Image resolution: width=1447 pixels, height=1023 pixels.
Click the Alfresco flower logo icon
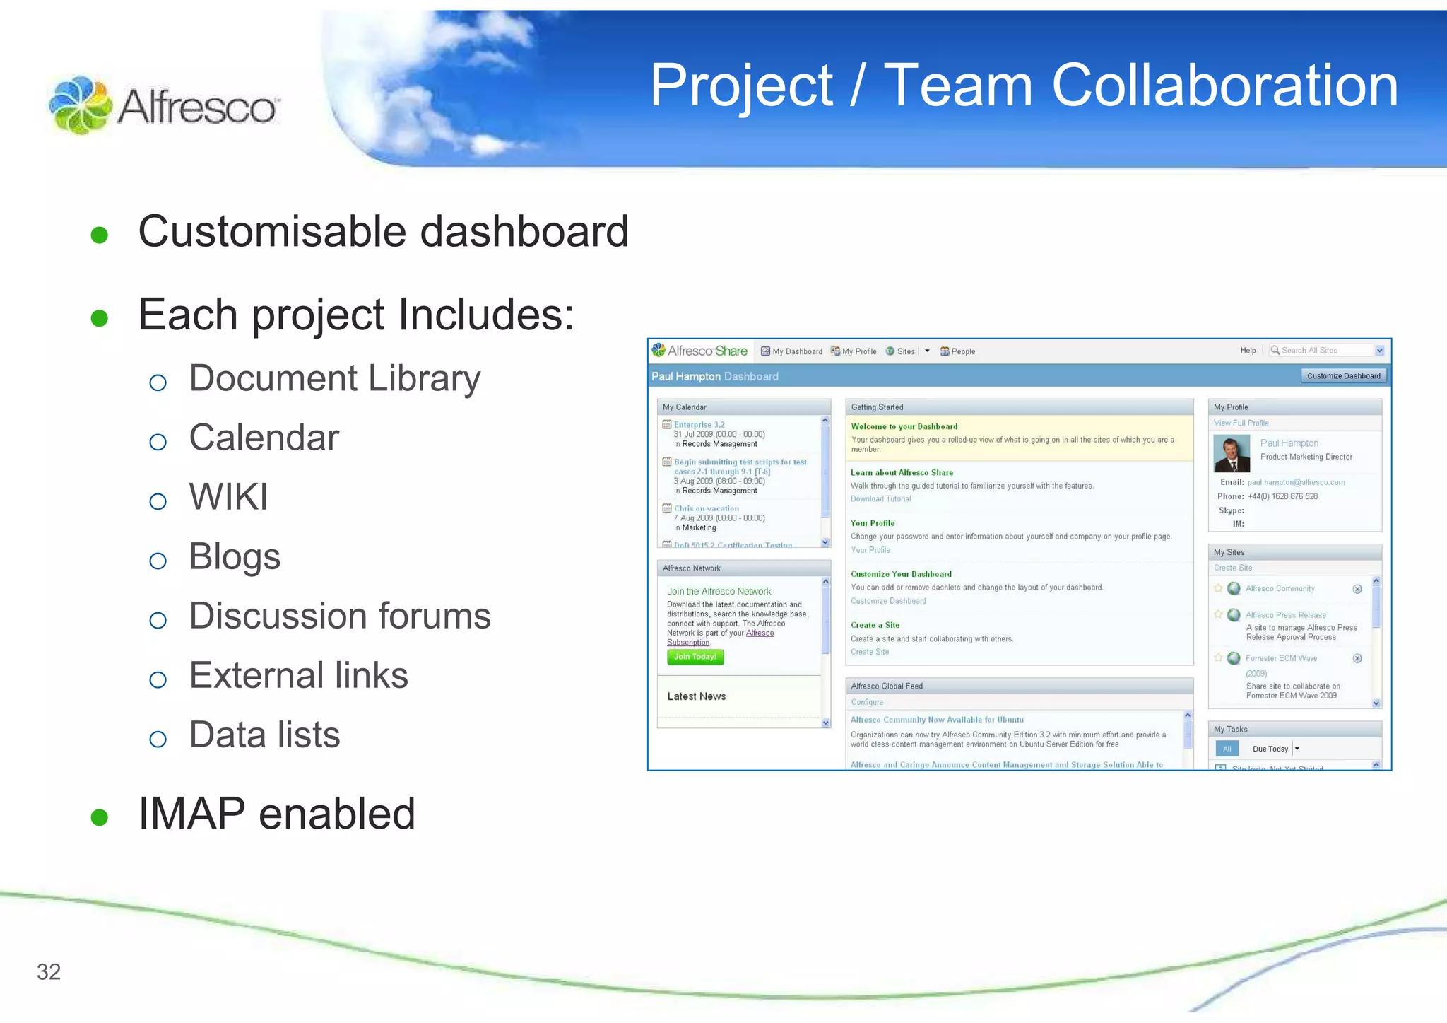[x=80, y=105]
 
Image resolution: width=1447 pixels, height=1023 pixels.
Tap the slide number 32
[x=49, y=971]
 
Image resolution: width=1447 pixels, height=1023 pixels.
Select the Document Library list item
[x=334, y=378]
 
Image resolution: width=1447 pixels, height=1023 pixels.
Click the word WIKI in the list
[x=228, y=497]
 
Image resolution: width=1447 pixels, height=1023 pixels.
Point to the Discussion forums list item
[x=339, y=616]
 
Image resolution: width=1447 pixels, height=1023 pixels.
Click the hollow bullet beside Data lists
[x=158, y=740]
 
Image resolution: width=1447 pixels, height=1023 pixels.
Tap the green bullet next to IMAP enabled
[x=100, y=817]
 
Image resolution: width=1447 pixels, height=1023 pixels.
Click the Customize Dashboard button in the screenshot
[x=1343, y=376]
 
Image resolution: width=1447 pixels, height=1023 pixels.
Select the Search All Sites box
[x=1321, y=351]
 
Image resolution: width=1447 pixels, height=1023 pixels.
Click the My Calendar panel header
[x=743, y=407]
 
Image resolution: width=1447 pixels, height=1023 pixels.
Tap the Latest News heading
[x=696, y=696]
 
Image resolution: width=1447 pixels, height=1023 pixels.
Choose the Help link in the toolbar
[x=1248, y=351]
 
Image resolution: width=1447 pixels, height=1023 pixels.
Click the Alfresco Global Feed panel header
[x=1018, y=686]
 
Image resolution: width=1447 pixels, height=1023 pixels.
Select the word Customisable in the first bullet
[x=272, y=232]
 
